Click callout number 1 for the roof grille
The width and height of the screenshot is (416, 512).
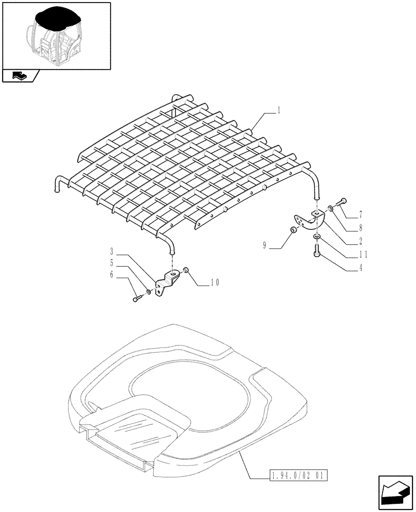tap(279, 109)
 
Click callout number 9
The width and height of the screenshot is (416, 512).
tap(265, 246)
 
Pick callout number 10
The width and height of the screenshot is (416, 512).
tap(214, 282)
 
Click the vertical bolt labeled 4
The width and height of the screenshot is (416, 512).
tap(316, 251)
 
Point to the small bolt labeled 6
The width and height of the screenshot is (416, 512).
tap(136, 299)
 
